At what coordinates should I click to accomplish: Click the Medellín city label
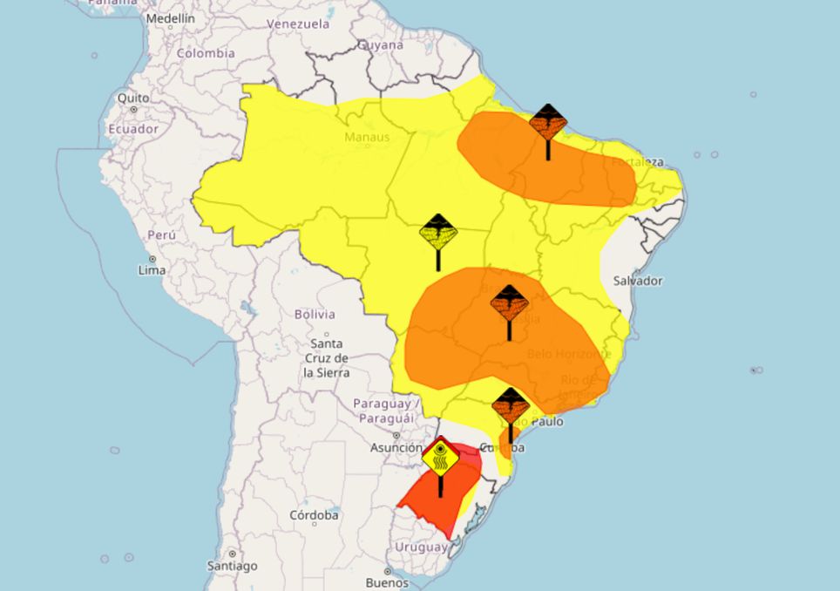coord(170,18)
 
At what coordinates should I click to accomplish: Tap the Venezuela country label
coord(298,24)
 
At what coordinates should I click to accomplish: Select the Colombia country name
coord(206,53)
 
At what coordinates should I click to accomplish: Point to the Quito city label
coord(133,98)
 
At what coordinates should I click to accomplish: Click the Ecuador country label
coord(133,129)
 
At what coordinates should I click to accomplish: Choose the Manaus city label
coord(367,137)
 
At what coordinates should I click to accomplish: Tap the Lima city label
coord(152,270)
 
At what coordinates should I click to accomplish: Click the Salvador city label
coord(638,281)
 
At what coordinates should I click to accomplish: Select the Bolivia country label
coord(315,314)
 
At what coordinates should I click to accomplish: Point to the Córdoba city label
coord(314,515)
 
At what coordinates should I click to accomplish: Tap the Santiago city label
coord(233,566)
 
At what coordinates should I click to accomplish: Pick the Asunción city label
coord(396,448)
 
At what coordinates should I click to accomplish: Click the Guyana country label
coord(382,45)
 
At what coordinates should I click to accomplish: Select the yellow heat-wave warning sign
coord(440,457)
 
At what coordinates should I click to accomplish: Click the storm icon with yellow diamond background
coord(438,232)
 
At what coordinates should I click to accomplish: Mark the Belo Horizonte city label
coord(569,355)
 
